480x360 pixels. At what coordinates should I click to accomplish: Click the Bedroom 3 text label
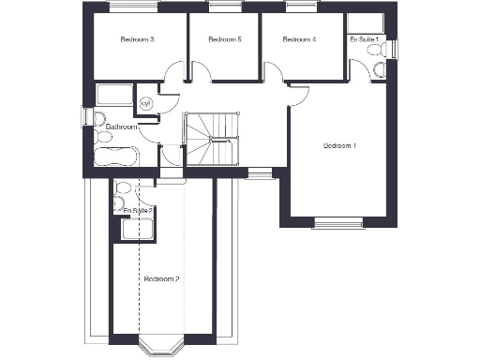[x=137, y=39]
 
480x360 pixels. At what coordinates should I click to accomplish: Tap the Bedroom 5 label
[x=225, y=39]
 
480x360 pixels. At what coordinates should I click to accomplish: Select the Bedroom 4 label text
[x=299, y=39]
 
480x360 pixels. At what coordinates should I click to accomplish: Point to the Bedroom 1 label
[x=339, y=145]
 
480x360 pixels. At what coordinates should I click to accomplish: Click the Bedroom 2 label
[x=161, y=278]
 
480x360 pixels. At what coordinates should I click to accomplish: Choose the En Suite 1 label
[x=364, y=39]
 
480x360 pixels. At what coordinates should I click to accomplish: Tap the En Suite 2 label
[x=138, y=211]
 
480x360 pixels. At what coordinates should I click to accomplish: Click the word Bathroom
[x=122, y=127]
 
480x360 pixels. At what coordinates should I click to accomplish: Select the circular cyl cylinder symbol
[x=146, y=103]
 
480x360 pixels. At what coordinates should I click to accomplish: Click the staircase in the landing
[x=212, y=139]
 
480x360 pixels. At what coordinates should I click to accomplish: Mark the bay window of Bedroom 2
[x=161, y=347]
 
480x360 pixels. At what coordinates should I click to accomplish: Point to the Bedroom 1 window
[x=338, y=222]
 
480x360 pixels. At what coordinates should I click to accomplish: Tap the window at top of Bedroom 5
[x=221, y=7]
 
